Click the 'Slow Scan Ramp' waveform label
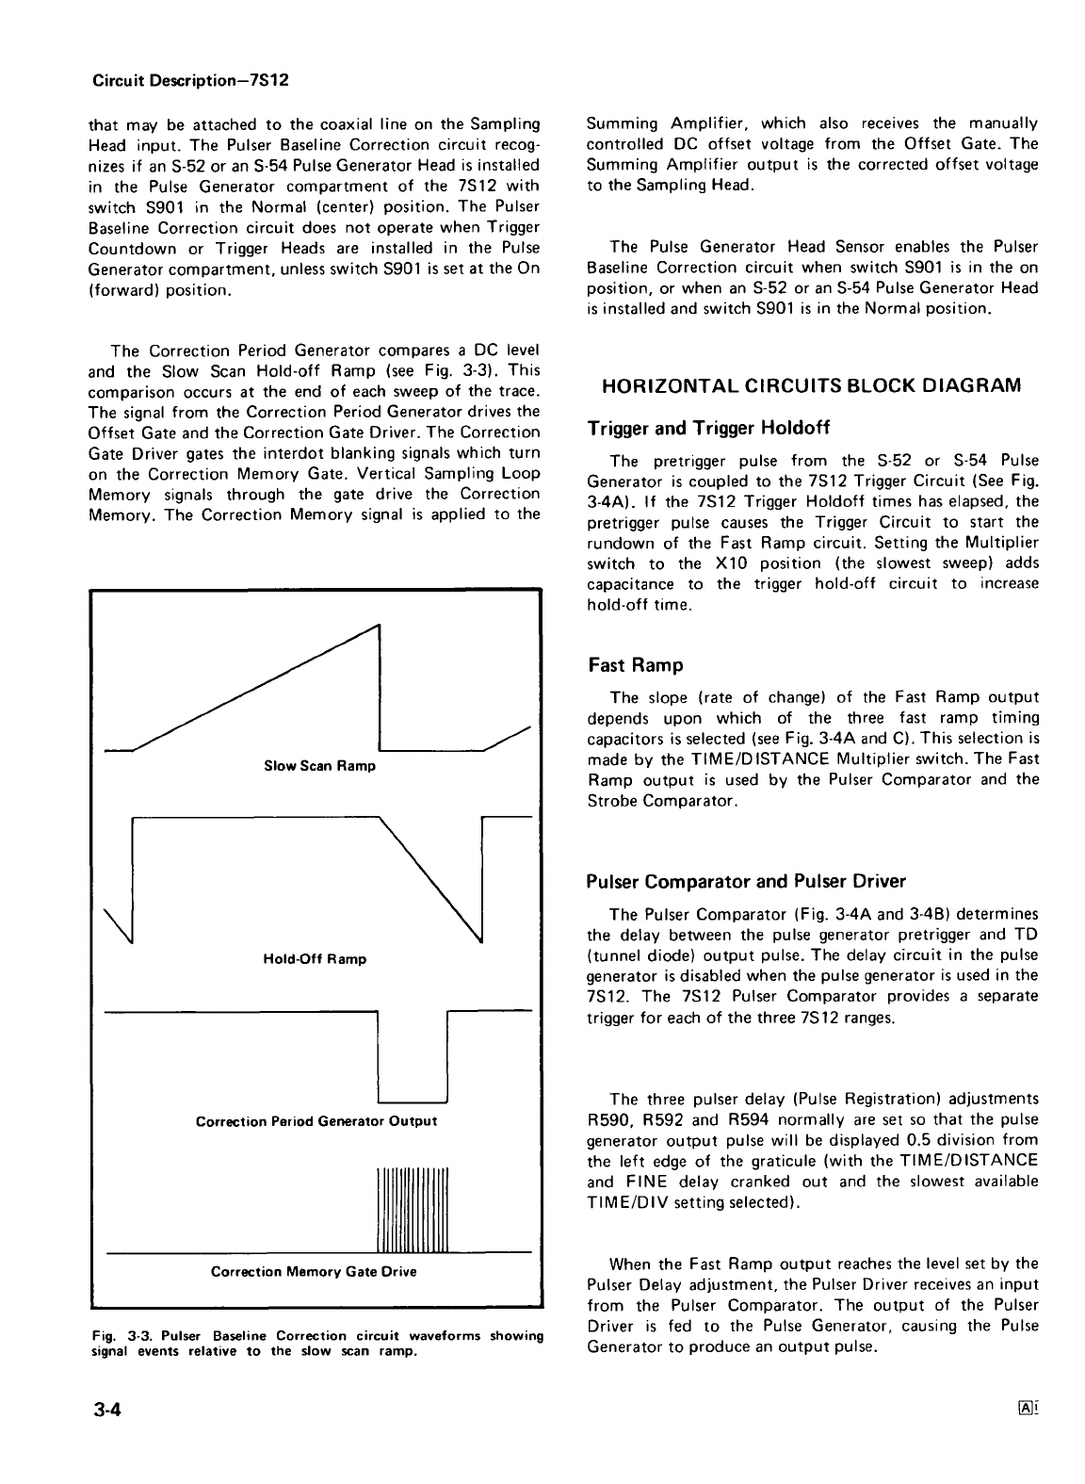[319, 766]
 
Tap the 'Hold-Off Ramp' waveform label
[315, 959]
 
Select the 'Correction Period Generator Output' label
[316, 1121]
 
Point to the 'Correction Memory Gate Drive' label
[314, 1271]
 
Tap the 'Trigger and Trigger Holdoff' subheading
[707, 430]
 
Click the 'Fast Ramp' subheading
[635, 666]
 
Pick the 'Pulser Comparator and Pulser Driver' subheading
[745, 882]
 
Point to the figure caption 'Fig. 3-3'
[115, 1336]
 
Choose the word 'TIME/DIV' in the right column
[617, 1202]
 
